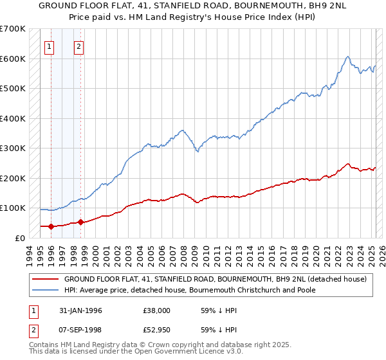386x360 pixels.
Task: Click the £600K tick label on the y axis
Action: coord(13,59)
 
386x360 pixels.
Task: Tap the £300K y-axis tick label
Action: coord(13,148)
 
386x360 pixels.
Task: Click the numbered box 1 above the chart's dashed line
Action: coord(50,46)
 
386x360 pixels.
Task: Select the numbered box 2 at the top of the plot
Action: coord(78,46)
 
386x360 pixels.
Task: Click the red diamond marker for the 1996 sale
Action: coord(51,226)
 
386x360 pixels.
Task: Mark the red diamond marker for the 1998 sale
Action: coord(80,222)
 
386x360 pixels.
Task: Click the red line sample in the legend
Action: coord(46,279)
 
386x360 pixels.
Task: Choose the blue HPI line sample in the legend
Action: coord(46,290)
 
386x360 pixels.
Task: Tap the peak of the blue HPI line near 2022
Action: coord(347,57)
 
